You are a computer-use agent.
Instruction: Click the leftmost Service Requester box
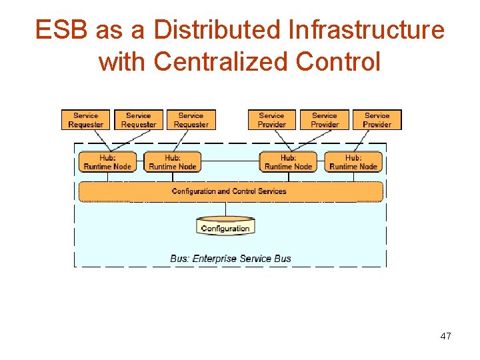click(x=85, y=120)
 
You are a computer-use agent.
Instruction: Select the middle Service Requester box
click(x=138, y=120)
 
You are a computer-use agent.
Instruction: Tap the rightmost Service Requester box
click(x=191, y=120)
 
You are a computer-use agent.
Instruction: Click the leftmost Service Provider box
click(x=271, y=120)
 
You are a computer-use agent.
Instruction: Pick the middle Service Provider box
click(x=325, y=120)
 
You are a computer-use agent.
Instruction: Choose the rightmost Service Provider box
click(x=377, y=120)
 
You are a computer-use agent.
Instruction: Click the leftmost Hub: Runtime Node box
click(x=107, y=162)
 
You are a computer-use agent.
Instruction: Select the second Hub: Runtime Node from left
click(x=173, y=162)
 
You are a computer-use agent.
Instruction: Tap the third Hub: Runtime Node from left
click(x=288, y=162)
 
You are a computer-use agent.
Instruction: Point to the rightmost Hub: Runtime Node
click(x=353, y=162)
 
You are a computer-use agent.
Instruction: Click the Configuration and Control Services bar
click(x=230, y=191)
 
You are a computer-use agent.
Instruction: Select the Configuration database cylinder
click(x=225, y=227)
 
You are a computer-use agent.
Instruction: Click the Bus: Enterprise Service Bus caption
click(x=231, y=259)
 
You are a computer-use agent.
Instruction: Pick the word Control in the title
click(x=338, y=62)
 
